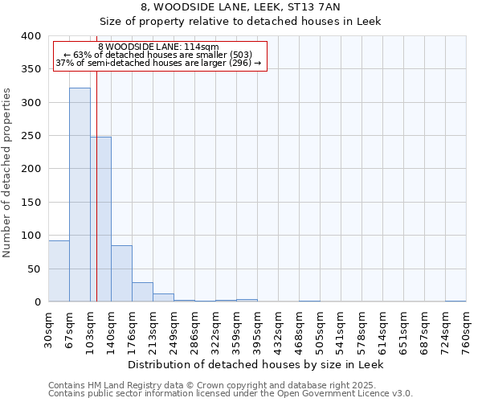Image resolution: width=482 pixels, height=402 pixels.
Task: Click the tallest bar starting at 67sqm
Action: pos(80,195)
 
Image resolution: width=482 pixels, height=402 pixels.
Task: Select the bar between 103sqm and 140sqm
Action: pos(100,219)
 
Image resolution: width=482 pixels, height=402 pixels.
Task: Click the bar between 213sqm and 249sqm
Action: pos(163,297)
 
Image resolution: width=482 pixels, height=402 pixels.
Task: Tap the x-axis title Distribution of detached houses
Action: pos(256,364)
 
